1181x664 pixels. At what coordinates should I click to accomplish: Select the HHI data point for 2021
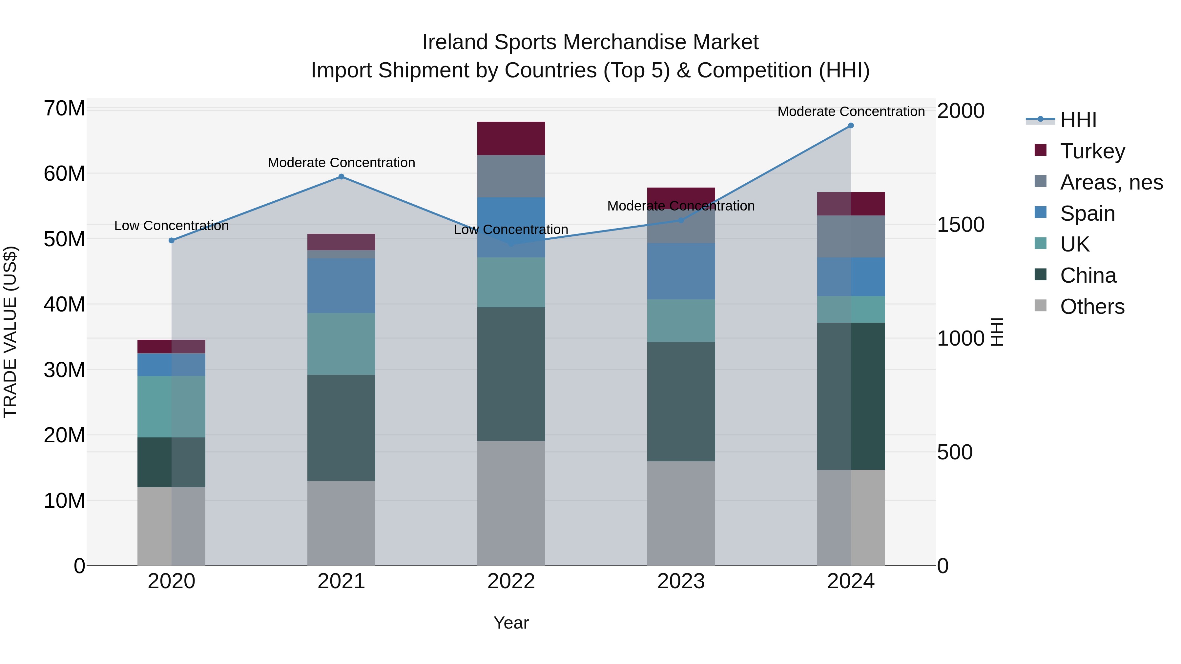341,177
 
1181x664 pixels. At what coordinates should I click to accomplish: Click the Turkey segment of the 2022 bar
511,138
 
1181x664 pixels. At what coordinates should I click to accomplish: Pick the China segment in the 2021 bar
341,428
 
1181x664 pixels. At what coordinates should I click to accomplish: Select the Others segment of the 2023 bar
681,513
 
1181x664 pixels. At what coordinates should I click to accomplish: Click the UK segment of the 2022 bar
511,282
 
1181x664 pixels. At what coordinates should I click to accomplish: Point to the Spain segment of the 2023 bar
681,271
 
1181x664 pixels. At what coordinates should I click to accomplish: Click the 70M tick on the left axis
64,109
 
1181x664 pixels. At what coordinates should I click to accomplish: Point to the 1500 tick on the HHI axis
961,225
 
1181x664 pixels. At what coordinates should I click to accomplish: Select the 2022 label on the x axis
511,581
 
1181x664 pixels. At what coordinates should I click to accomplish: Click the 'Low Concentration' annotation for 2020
172,226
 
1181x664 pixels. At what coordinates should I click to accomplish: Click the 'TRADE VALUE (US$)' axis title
10,332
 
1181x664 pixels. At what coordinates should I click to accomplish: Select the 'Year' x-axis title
511,623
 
